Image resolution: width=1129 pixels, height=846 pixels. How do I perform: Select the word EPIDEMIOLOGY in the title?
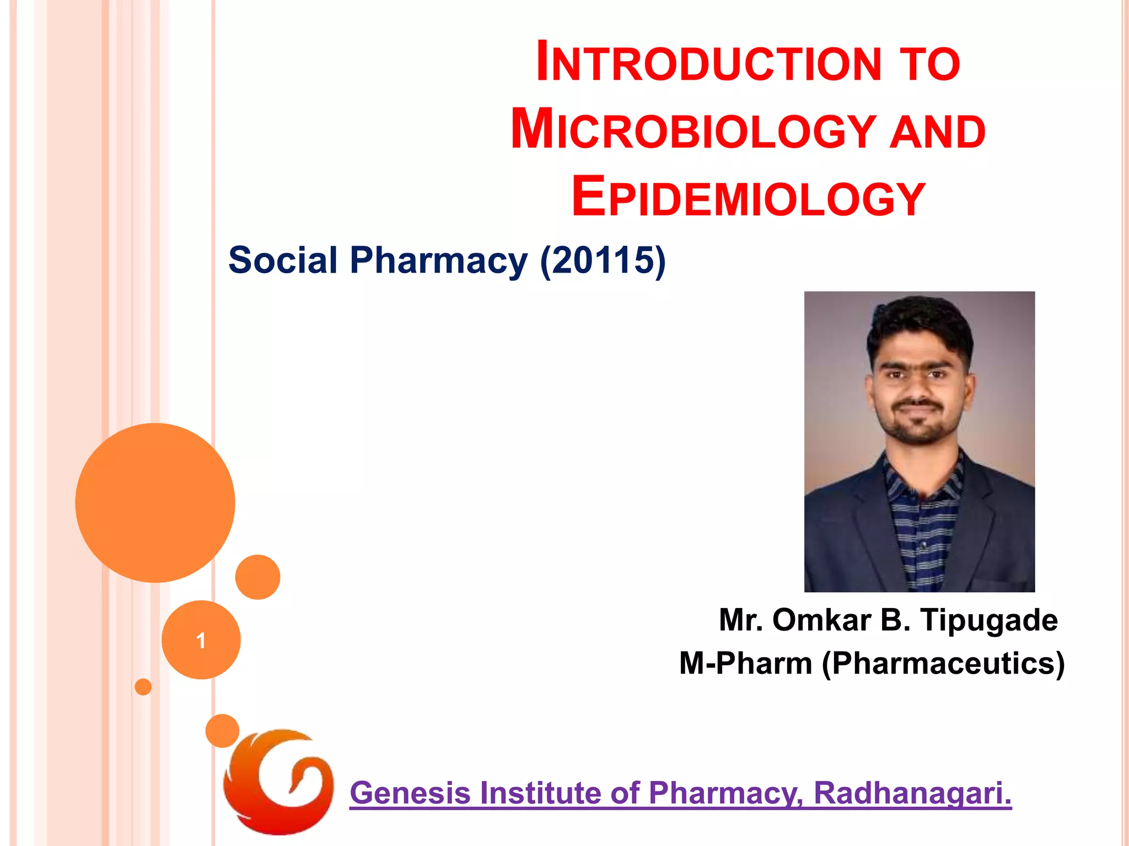click(x=748, y=198)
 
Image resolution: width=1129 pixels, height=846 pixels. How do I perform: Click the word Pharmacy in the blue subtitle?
click(x=439, y=260)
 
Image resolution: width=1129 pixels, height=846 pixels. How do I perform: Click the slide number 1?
click(x=201, y=641)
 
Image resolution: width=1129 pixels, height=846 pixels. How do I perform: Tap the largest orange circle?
click(x=155, y=502)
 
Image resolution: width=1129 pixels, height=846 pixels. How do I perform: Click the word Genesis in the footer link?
click(x=410, y=793)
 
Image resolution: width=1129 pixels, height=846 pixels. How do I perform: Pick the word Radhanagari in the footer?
click(x=912, y=793)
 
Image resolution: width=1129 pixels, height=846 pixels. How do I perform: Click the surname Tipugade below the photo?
click(x=989, y=620)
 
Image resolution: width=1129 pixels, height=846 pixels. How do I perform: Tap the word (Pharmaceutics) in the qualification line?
click(x=943, y=663)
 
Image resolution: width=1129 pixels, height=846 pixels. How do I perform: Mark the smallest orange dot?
click(x=143, y=687)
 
